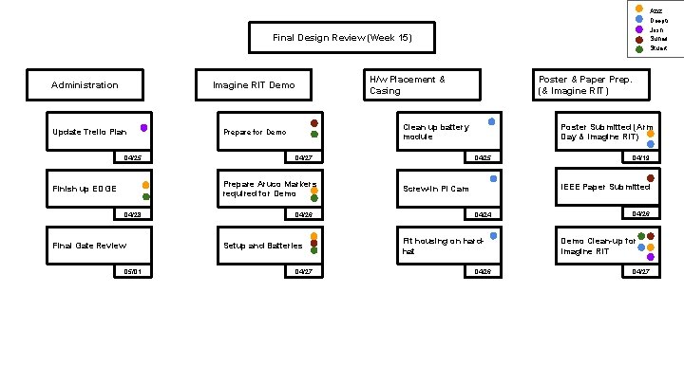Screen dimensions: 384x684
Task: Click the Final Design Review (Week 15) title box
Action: point(341,38)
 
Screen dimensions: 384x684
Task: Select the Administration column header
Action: point(85,85)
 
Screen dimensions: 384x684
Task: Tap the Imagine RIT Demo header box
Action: point(254,85)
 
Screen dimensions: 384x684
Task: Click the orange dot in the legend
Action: point(638,9)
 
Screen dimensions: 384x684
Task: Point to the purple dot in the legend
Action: point(638,28)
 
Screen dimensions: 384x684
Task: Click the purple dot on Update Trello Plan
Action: point(143,127)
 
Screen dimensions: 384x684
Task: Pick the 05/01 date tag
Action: point(130,271)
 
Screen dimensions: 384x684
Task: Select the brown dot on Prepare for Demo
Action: point(313,122)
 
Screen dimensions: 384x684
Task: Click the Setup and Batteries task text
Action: point(263,246)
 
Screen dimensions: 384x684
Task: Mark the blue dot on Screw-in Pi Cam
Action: point(493,178)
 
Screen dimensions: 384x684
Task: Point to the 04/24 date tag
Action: point(482,214)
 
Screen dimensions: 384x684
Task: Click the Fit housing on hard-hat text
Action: point(433,247)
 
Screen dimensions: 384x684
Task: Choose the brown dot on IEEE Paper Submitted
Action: point(650,178)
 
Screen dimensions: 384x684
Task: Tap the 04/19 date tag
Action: point(642,157)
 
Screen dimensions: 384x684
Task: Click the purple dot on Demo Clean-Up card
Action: point(650,256)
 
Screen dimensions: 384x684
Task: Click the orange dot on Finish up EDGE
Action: point(145,186)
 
